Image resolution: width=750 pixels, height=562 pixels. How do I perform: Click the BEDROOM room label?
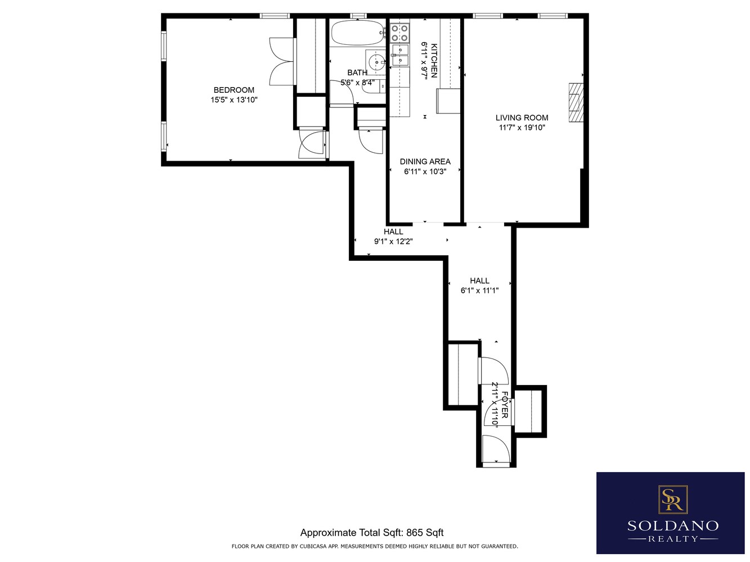point(233,90)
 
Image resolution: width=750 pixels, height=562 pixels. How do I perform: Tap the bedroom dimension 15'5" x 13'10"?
point(234,100)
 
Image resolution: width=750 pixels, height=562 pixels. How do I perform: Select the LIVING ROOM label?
point(522,117)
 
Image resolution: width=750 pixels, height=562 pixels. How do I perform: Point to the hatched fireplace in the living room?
point(575,102)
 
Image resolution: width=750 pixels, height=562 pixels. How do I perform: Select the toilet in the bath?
point(381,86)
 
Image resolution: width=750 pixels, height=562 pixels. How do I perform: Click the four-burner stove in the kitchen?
point(399,33)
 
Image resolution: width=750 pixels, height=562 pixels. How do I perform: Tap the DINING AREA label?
point(425,161)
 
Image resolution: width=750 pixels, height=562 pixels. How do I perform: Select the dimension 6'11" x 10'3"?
point(425,171)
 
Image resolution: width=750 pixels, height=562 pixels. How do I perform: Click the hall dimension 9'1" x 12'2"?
point(393,242)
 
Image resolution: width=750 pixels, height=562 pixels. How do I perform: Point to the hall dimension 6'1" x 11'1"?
point(479,291)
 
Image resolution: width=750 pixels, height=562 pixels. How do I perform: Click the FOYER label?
point(505,405)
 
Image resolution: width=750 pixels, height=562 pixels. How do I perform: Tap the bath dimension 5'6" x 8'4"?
point(357,83)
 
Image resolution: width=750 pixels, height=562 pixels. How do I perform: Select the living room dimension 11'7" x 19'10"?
point(522,128)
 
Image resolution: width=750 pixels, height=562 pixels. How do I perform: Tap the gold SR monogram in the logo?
point(672,498)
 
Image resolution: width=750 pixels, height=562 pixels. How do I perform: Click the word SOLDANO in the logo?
point(672,526)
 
